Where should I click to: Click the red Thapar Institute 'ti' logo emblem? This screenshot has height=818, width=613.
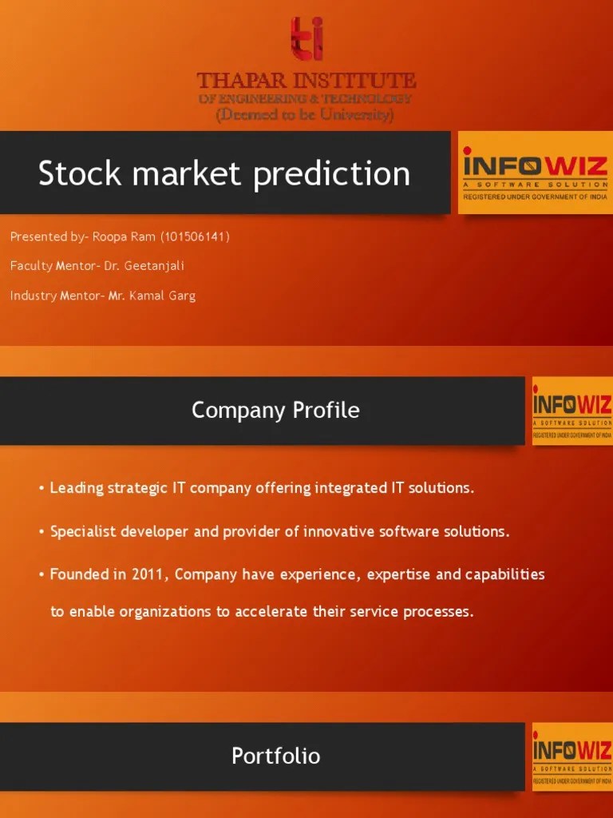pyautogui.click(x=306, y=40)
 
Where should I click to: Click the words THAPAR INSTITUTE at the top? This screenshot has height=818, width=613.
pyautogui.click(x=306, y=81)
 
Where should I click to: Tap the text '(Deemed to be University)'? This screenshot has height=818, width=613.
pyautogui.click(x=306, y=115)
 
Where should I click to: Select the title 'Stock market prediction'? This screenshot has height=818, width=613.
pyautogui.click(x=224, y=173)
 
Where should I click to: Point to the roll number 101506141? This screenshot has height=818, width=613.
pyautogui.click(x=196, y=237)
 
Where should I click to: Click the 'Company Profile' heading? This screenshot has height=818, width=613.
pyautogui.click(x=275, y=411)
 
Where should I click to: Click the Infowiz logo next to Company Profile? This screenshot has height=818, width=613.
pyautogui.click(x=571, y=411)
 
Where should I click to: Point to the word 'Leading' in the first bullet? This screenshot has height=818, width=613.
pyautogui.click(x=76, y=488)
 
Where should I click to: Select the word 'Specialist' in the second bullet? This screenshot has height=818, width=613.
pyautogui.click(x=83, y=532)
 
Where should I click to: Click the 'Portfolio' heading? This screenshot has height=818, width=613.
pyautogui.click(x=275, y=756)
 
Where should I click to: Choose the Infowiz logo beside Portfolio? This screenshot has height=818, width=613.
pyautogui.click(x=571, y=756)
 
